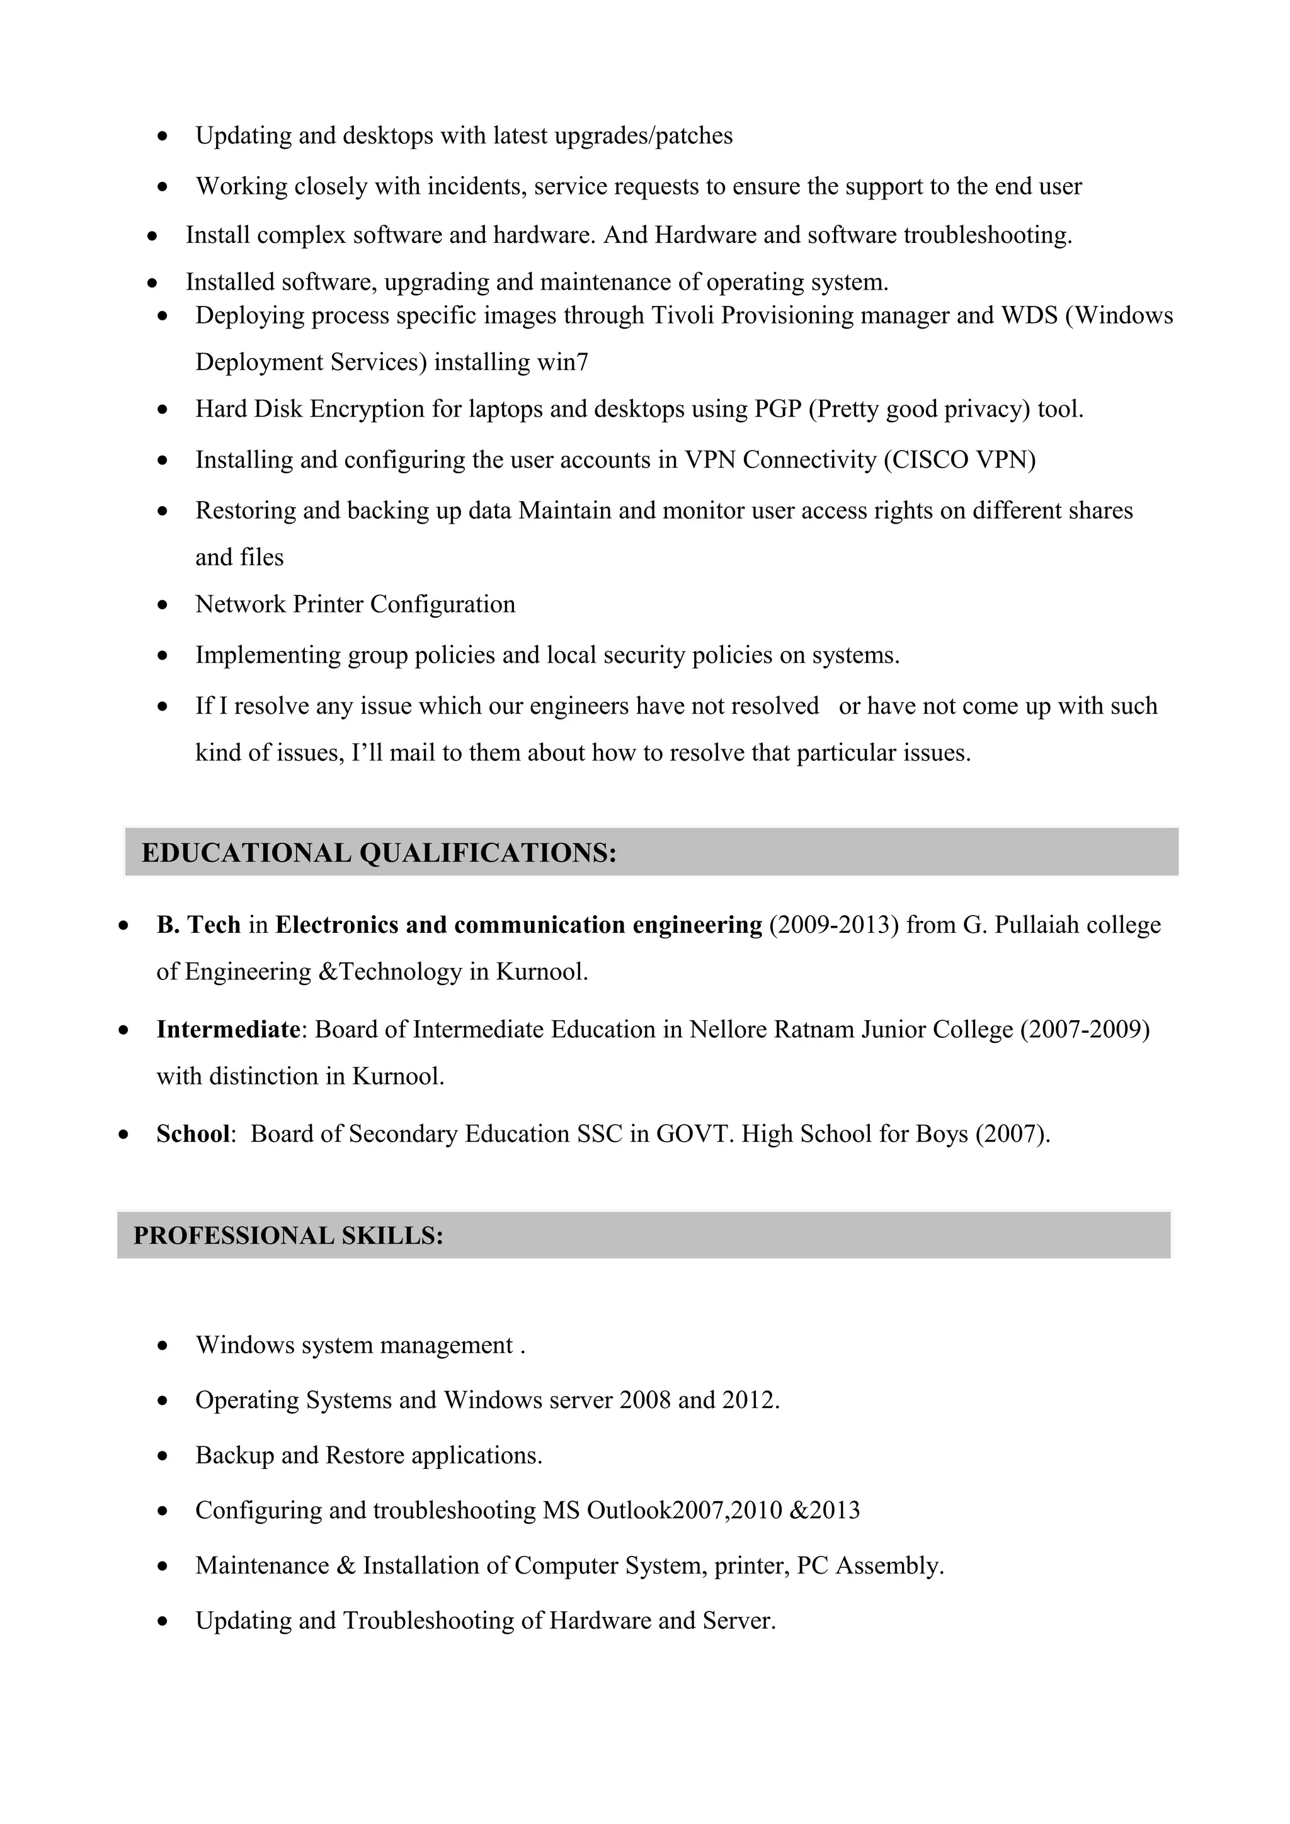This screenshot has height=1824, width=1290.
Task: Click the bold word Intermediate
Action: pyautogui.click(x=227, y=1029)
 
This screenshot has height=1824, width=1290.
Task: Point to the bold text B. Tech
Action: pyautogui.click(x=198, y=925)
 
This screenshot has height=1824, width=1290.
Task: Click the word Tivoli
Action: pyautogui.click(x=683, y=315)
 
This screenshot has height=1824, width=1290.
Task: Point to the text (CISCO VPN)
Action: pyautogui.click(x=959, y=460)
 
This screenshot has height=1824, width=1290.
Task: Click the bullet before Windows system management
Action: pyautogui.click(x=163, y=1346)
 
